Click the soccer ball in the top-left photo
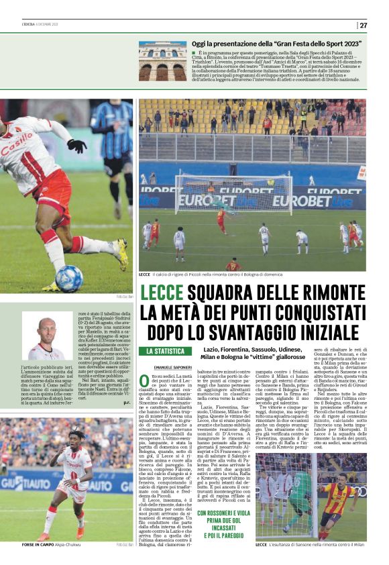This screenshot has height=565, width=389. [68, 278]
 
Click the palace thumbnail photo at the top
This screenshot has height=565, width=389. [162, 61]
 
